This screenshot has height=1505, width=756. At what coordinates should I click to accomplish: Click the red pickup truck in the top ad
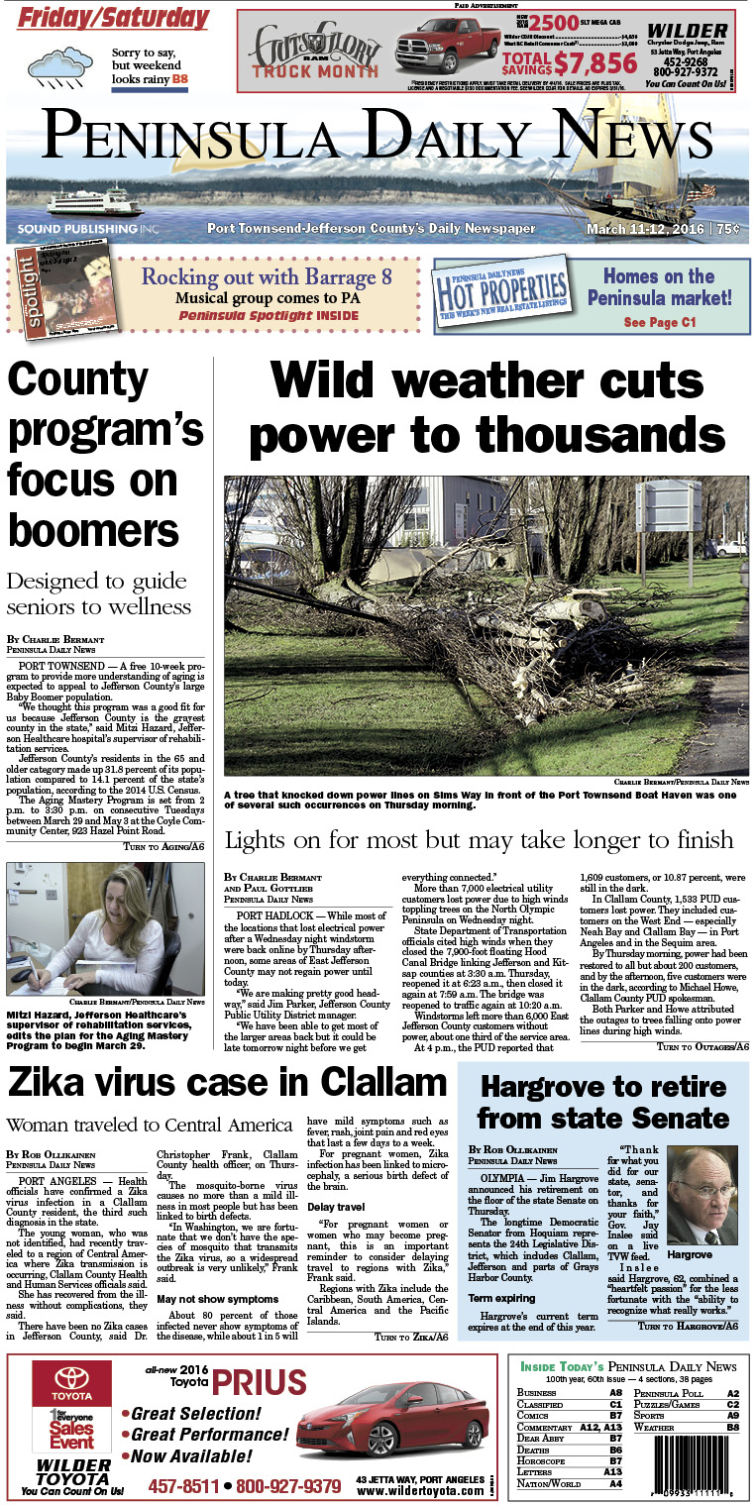448,51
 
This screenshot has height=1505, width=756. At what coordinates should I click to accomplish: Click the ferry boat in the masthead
97,201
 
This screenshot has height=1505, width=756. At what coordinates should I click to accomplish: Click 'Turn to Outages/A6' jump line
702,1046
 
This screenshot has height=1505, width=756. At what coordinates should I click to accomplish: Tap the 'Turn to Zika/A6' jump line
410,1337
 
